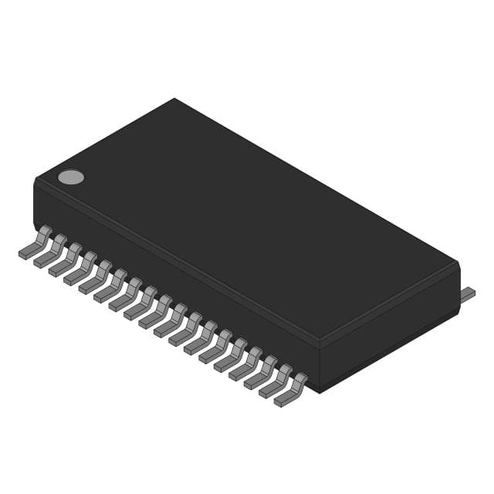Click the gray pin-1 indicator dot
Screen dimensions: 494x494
click(x=71, y=178)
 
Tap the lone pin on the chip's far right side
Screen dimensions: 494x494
click(x=468, y=293)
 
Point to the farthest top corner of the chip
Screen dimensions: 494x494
click(x=174, y=99)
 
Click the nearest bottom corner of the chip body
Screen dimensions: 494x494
click(x=319, y=391)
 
